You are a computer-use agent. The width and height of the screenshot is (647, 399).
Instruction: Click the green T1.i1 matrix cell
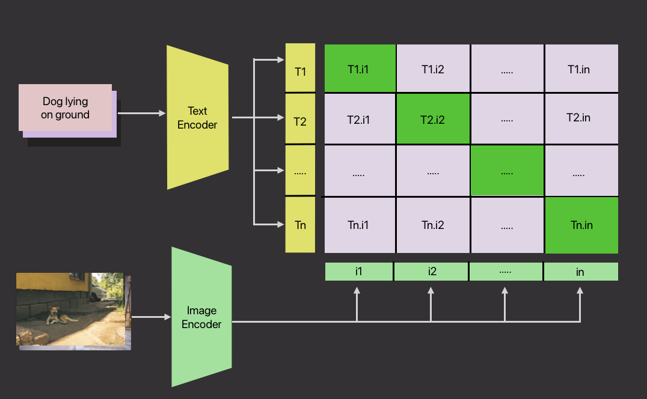tap(360, 69)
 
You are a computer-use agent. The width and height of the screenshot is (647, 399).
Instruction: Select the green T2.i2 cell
tap(433, 119)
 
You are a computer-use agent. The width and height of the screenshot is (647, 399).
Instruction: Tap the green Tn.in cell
tap(581, 225)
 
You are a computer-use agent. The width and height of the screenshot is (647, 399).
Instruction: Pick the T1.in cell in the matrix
tap(581, 69)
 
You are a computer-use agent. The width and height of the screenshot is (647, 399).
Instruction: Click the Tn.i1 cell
tap(360, 225)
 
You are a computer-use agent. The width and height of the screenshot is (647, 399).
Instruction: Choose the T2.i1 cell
tap(360, 119)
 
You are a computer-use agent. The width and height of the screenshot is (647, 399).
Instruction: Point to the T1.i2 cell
tap(433, 69)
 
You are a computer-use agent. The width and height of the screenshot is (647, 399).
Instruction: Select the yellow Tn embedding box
tap(300, 225)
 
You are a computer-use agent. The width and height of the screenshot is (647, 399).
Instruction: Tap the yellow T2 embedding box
tap(300, 120)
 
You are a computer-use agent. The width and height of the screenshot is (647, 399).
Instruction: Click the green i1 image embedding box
tap(359, 272)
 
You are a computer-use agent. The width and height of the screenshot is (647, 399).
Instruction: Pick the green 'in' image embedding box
tap(580, 272)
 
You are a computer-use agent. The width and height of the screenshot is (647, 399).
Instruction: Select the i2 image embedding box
tap(432, 272)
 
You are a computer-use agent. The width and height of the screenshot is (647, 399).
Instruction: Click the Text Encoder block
tap(197, 118)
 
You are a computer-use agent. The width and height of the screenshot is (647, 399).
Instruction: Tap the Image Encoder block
tap(201, 317)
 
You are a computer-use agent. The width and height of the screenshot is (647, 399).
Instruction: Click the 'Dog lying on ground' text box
tap(66, 108)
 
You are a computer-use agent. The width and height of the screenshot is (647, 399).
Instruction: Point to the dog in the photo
tap(55, 315)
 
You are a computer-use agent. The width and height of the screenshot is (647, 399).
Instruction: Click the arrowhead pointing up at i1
tap(357, 291)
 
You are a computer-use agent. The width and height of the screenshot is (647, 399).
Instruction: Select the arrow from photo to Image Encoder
tap(151, 317)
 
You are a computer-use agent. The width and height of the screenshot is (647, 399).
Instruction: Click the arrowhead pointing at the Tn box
tap(280, 225)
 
